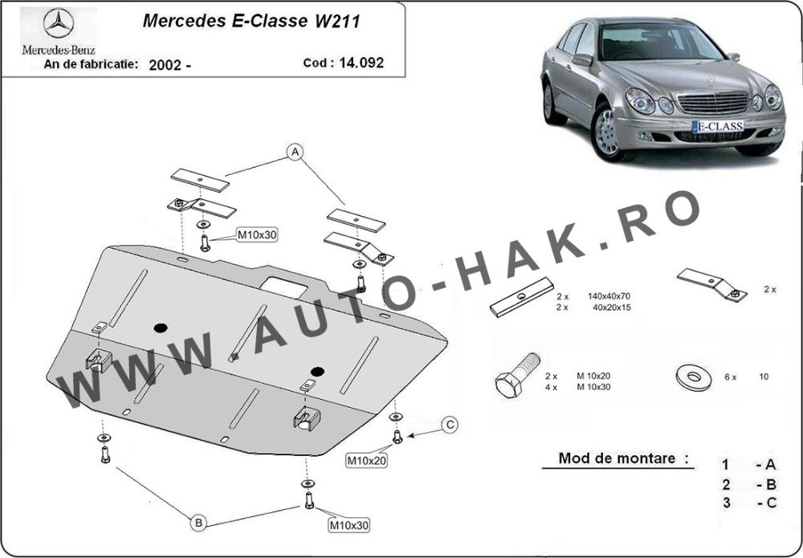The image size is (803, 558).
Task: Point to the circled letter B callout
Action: (198, 523)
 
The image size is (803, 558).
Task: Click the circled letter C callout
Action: (450, 424)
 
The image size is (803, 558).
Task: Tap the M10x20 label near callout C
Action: (366, 460)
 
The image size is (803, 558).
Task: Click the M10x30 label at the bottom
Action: (347, 525)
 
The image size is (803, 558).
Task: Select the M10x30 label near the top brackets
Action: (256, 234)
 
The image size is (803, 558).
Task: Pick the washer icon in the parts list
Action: (687, 376)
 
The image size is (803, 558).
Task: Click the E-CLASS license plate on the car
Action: (717, 125)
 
